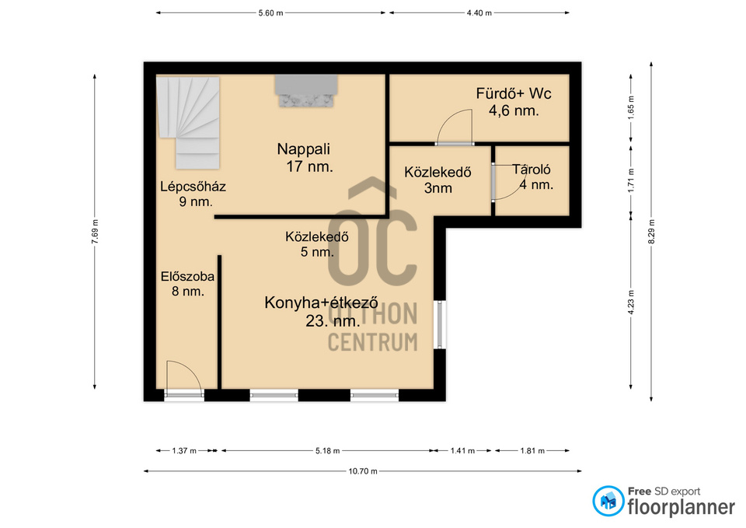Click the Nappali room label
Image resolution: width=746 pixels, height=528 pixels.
305,158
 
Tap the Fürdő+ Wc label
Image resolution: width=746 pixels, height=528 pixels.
514,101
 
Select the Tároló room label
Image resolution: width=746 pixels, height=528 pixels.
533,177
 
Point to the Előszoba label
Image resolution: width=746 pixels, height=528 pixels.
187,284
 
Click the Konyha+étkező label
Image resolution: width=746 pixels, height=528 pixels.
322,311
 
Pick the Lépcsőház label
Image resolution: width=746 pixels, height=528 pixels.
193,194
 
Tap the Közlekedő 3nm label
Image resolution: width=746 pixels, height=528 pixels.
437,180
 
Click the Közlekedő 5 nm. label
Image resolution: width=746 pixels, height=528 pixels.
317,243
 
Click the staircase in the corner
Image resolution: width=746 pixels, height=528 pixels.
188,122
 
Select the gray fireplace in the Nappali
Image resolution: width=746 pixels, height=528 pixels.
306,90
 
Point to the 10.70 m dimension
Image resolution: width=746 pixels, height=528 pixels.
363,471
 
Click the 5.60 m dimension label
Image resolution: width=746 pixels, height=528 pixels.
270,13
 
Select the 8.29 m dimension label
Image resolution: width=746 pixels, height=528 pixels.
651,232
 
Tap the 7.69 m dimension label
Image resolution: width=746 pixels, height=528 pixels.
95,232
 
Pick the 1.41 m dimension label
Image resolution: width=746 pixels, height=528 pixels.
462,450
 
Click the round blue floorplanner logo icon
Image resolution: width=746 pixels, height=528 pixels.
608,501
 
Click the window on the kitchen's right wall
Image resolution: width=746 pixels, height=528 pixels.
441,324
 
